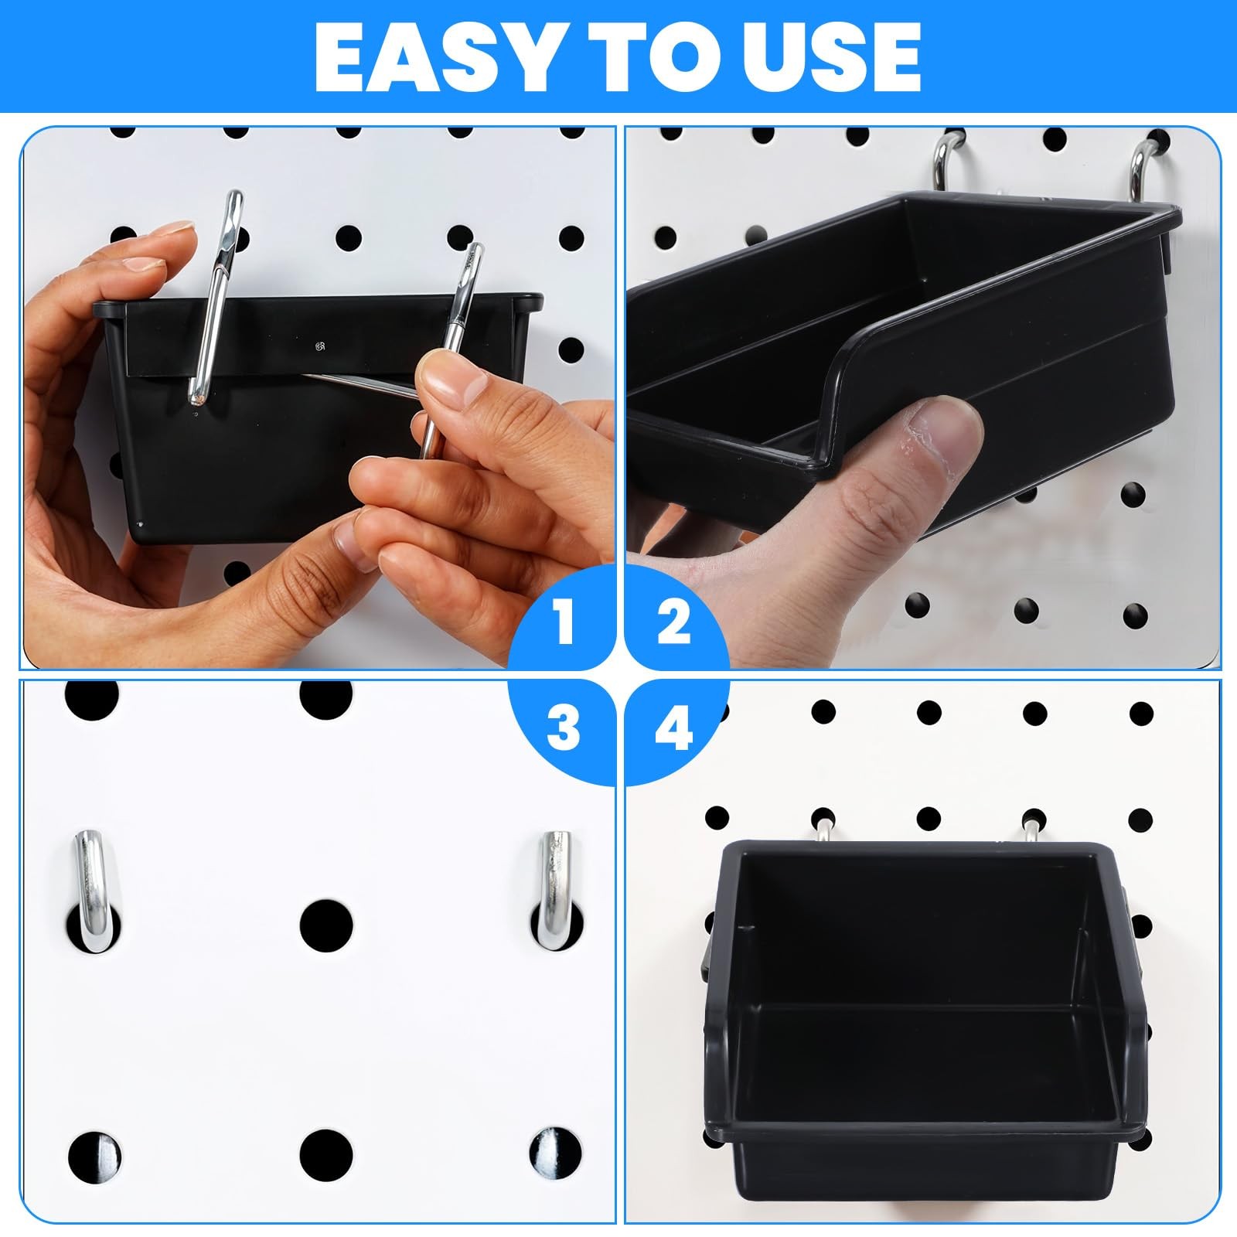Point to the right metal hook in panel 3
(x=554, y=888)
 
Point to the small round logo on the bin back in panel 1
(x=319, y=345)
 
